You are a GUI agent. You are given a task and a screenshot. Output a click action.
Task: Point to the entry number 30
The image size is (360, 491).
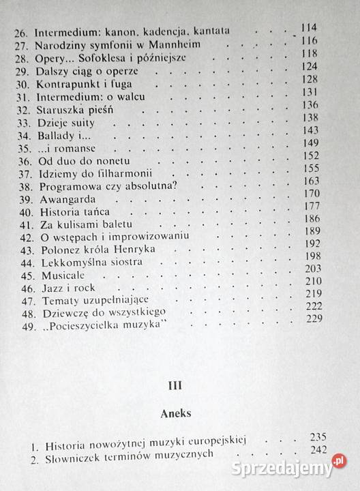(x=25, y=85)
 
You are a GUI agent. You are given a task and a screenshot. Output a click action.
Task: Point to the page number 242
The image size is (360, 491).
(x=317, y=449)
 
